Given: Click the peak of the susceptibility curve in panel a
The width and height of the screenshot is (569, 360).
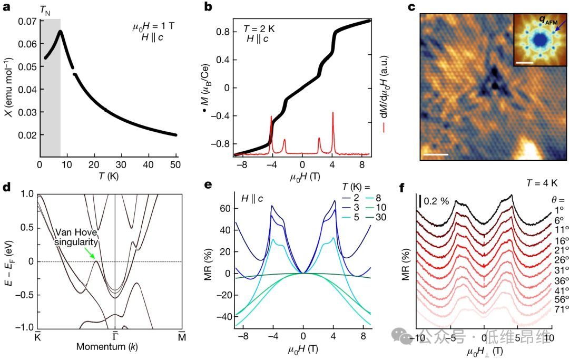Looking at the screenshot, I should click(61, 31).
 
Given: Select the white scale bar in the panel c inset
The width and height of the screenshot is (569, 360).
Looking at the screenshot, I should click(525, 63).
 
